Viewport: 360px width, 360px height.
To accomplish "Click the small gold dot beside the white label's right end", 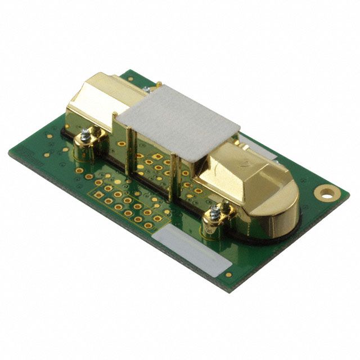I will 228,274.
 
